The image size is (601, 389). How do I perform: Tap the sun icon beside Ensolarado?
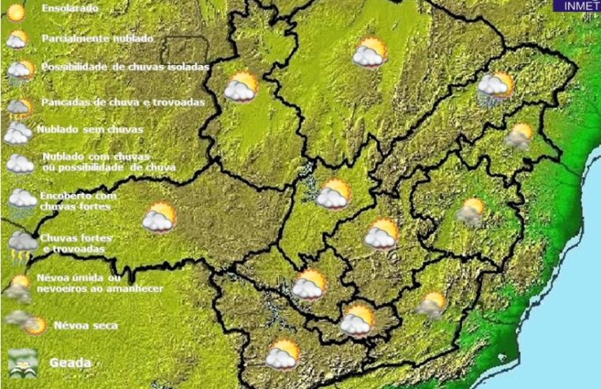[x=16, y=13]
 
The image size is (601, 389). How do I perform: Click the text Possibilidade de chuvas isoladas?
[x=125, y=67]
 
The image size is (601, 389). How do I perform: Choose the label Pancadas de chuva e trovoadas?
[x=123, y=102]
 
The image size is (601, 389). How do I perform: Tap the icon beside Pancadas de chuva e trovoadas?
[x=20, y=105]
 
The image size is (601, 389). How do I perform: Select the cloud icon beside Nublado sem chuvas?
[x=17, y=132]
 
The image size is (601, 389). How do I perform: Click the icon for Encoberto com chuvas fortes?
[x=21, y=199]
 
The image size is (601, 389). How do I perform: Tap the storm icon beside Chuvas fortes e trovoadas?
[x=22, y=245]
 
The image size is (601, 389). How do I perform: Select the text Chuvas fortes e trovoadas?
[x=77, y=243]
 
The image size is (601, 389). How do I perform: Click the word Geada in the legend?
[x=70, y=363]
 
